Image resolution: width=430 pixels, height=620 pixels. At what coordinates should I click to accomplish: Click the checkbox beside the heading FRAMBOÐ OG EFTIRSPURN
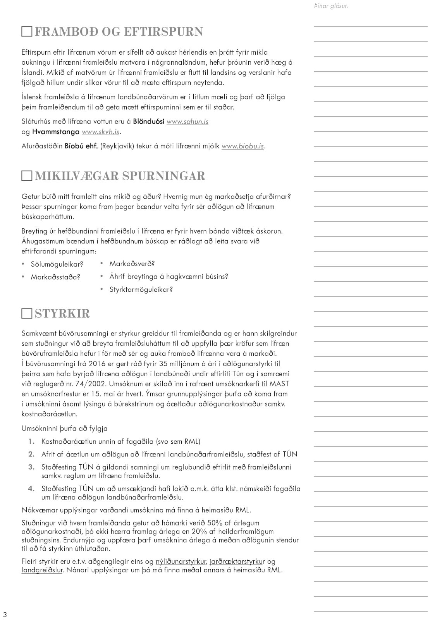[27, 32]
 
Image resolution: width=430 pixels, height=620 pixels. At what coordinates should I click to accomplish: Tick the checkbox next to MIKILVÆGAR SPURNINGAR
[27, 176]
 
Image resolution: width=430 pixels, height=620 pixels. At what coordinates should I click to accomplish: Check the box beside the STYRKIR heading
[27, 313]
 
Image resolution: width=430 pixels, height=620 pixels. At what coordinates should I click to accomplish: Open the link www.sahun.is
[187, 122]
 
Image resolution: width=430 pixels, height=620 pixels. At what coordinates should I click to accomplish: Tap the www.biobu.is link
[243, 146]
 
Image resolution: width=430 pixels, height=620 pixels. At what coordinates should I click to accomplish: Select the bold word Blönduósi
[149, 122]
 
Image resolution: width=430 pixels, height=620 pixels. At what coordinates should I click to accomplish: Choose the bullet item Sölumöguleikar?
[57, 265]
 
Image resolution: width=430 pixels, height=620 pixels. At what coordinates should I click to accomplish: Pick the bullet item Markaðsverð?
[132, 264]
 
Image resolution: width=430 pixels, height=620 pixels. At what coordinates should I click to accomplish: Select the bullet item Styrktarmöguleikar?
[141, 289]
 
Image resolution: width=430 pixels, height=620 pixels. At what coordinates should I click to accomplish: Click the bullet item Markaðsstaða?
[55, 277]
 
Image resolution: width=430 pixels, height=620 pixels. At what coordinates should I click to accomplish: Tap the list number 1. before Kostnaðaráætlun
[31, 442]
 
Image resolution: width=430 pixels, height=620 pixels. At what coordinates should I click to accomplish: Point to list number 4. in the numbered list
[31, 489]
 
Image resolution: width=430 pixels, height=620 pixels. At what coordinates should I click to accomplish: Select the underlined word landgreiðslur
[42, 570]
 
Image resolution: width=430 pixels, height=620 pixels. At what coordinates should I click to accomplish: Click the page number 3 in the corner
[5, 615]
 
